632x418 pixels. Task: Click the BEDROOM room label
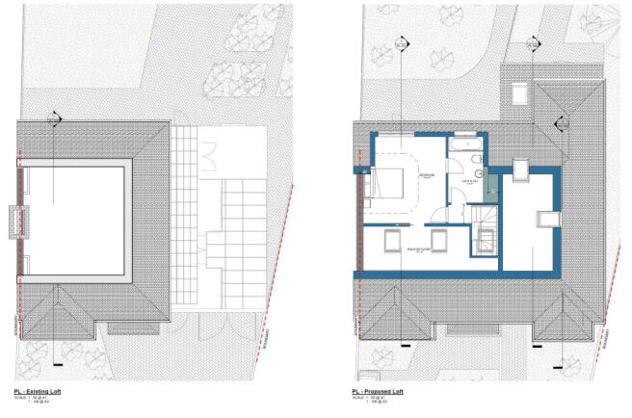click(x=425, y=174)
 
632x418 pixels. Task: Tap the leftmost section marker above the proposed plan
click(x=401, y=45)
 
